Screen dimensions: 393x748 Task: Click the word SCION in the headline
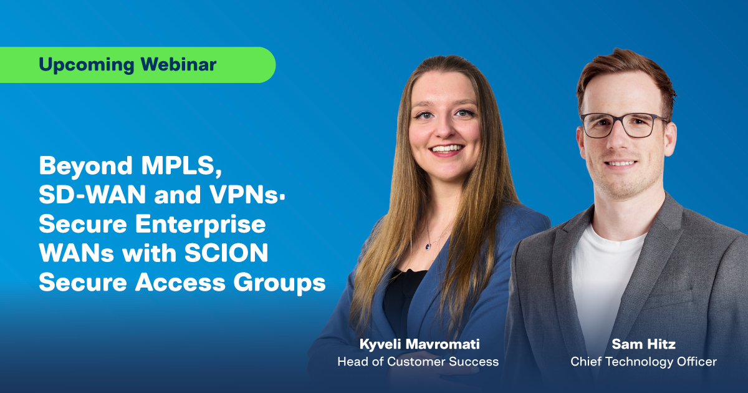coord(231,254)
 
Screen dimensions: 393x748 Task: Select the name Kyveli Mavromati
coord(418,344)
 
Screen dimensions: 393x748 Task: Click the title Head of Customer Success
coord(418,361)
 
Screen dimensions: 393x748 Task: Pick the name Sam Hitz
coord(643,344)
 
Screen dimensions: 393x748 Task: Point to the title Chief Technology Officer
coord(643,361)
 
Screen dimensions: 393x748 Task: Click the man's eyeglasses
coord(623,125)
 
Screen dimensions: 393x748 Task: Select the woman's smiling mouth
coord(447,149)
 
